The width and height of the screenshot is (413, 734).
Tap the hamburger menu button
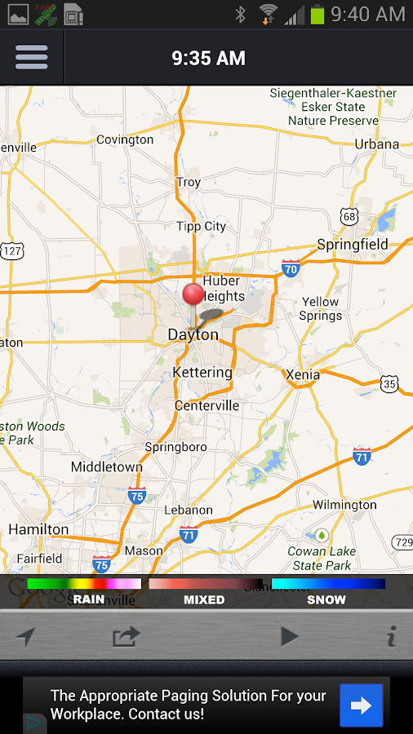click(x=32, y=57)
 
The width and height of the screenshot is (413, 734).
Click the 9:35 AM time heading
click(x=208, y=58)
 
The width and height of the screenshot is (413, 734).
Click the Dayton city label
click(x=193, y=334)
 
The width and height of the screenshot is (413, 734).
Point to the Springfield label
click(x=353, y=245)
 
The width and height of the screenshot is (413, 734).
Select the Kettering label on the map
click(x=202, y=372)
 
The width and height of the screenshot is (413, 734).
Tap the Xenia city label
click(x=303, y=374)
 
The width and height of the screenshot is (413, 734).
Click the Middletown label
click(x=107, y=467)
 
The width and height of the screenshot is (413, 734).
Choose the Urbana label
click(x=376, y=144)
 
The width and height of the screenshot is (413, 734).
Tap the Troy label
click(x=189, y=183)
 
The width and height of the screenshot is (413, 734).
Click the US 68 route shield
click(x=349, y=216)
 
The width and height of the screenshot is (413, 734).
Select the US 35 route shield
click(x=389, y=383)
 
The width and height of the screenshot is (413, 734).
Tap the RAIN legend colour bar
click(x=84, y=584)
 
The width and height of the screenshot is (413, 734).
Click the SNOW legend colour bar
click(x=328, y=584)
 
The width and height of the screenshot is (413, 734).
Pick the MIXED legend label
click(x=204, y=599)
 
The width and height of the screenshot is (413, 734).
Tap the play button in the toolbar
click(x=289, y=636)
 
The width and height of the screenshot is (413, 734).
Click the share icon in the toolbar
click(x=126, y=636)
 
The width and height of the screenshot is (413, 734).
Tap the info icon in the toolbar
click(x=391, y=636)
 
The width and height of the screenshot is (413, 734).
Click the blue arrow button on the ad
click(x=361, y=705)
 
